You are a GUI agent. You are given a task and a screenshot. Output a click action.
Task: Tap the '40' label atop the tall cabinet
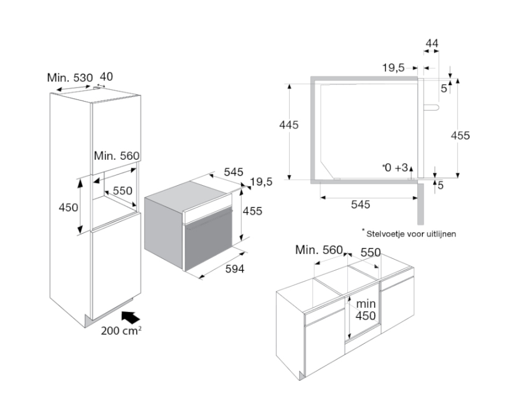[x=106, y=77]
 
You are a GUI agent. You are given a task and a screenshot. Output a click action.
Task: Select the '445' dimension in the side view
[x=289, y=125]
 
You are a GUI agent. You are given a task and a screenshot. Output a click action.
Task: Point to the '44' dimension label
[x=432, y=44]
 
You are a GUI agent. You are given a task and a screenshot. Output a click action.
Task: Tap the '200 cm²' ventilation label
[x=121, y=331]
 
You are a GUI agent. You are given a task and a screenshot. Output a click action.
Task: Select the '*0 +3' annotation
[x=394, y=168]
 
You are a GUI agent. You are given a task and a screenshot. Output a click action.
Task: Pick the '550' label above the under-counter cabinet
[x=370, y=252]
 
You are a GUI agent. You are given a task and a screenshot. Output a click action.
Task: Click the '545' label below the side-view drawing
[x=360, y=204]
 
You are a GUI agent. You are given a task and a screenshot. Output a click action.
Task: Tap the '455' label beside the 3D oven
[x=252, y=211]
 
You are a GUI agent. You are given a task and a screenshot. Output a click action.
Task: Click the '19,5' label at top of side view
[x=393, y=68]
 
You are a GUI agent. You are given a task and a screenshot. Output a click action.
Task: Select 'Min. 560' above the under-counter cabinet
[x=318, y=250]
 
